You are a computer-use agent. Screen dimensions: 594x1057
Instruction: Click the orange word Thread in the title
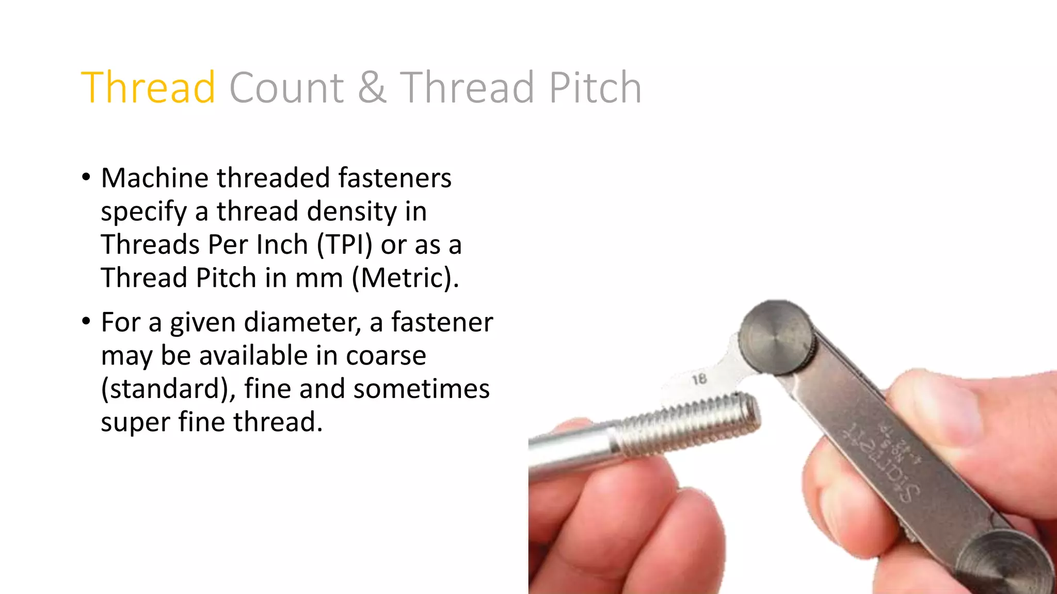[x=148, y=88]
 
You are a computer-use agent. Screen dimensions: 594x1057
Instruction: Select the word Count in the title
[x=286, y=88]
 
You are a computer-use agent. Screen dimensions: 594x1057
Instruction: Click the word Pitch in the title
[x=595, y=88]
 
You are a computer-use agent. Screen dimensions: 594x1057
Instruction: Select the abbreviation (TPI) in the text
[x=344, y=244]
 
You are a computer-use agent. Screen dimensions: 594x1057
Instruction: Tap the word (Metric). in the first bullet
[x=405, y=278]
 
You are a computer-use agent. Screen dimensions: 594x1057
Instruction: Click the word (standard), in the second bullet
[x=168, y=389]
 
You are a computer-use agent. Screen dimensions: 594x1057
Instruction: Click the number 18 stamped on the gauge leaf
[x=699, y=380]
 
